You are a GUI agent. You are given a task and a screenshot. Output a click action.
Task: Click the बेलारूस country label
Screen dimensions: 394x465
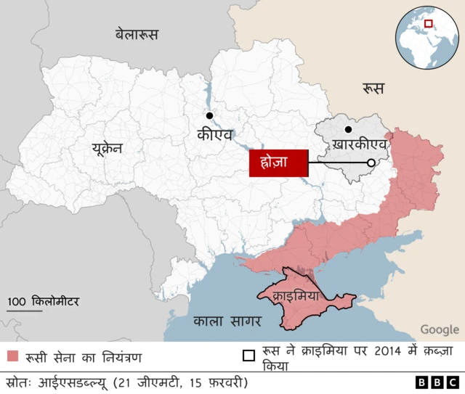[136, 34]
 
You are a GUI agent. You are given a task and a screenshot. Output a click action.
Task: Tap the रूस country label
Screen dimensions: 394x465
[374, 89]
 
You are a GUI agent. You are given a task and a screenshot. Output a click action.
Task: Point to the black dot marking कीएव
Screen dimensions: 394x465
[209, 115]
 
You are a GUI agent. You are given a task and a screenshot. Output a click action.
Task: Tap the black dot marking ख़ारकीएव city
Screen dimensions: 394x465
[349, 130]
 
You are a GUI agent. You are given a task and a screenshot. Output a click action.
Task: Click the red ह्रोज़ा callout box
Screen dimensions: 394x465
[279, 163]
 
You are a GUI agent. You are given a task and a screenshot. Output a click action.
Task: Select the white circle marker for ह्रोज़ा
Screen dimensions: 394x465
[371, 163]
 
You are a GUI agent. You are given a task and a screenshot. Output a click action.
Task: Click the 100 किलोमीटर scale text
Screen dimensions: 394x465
[44, 301]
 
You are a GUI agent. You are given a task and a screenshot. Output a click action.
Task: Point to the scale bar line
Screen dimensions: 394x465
[25, 311]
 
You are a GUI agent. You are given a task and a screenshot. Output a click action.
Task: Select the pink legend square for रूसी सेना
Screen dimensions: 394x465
[12, 356]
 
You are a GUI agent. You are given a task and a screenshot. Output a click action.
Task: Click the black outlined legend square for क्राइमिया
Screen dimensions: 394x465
[248, 356]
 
